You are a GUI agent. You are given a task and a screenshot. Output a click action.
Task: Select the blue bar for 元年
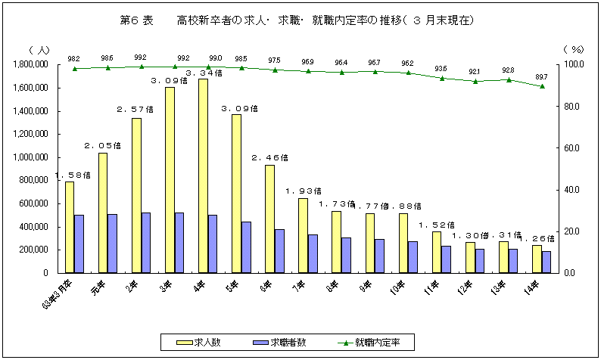coord(112,243)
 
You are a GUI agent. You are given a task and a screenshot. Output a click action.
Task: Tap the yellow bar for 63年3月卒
coord(70,227)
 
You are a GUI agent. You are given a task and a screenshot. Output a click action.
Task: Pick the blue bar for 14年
coord(546,262)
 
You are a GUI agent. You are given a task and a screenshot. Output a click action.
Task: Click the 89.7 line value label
coord(542,76)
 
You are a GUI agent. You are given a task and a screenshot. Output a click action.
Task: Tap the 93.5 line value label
coord(442,69)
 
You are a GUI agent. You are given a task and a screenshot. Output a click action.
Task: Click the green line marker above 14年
coord(542,86)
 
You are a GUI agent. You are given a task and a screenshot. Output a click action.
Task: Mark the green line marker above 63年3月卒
coord(74,69)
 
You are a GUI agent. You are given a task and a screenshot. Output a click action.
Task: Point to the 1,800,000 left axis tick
coord(32,65)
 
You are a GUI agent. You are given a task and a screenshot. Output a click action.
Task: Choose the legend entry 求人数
coord(197,342)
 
